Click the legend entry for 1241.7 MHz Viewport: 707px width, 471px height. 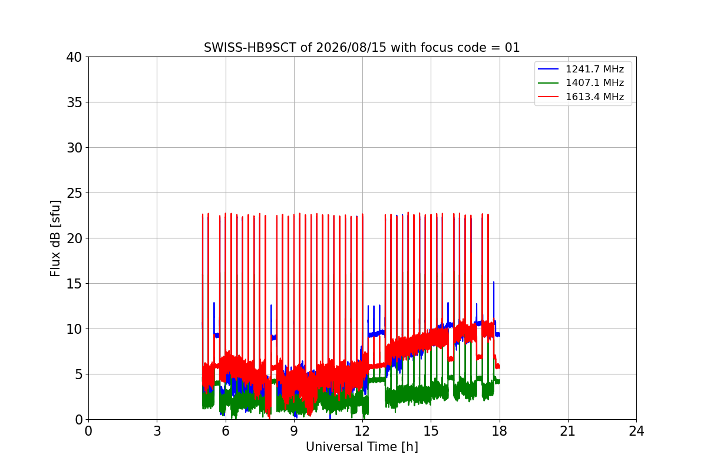point(581,69)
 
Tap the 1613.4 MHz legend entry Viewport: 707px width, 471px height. point(581,97)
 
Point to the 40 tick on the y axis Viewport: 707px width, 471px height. point(74,57)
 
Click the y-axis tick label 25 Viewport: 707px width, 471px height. point(74,193)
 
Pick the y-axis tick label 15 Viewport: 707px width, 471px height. point(74,284)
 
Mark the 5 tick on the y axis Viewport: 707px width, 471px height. point(78,374)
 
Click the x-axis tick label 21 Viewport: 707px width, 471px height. point(568,431)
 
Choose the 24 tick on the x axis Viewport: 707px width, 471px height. point(636,431)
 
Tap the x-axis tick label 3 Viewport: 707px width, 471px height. point(157,431)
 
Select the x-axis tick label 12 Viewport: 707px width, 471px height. point(362,431)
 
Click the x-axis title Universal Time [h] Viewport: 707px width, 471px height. point(362,447)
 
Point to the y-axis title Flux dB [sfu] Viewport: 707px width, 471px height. point(55,238)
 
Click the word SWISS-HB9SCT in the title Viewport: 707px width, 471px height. point(250,48)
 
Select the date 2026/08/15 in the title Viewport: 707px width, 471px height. point(351,48)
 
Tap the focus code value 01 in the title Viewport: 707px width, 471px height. point(512,48)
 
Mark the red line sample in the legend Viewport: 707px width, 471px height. point(549,97)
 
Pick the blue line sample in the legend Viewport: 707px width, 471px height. point(549,69)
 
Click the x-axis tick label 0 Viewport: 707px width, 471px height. point(89,431)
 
